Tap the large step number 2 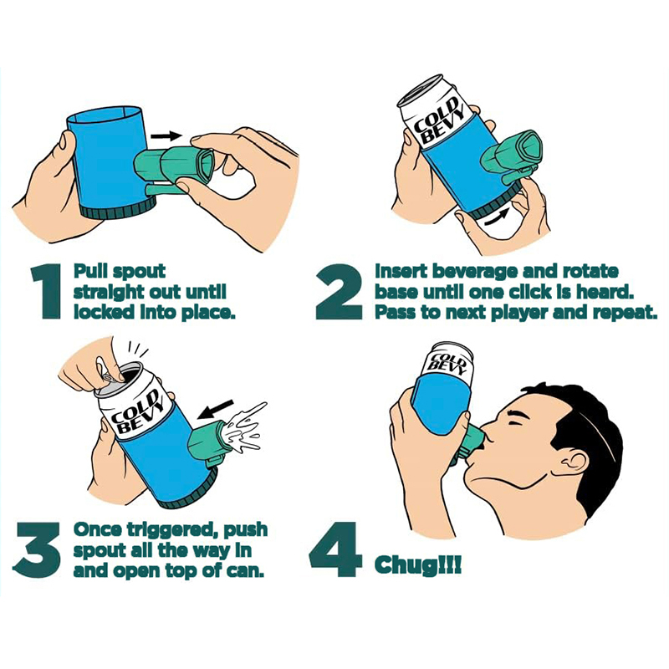(339, 291)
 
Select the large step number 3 (37, 550)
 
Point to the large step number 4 (335, 549)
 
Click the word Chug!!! (417, 566)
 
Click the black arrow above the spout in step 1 (166, 136)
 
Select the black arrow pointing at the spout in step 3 (217, 409)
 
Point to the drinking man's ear (575, 465)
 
